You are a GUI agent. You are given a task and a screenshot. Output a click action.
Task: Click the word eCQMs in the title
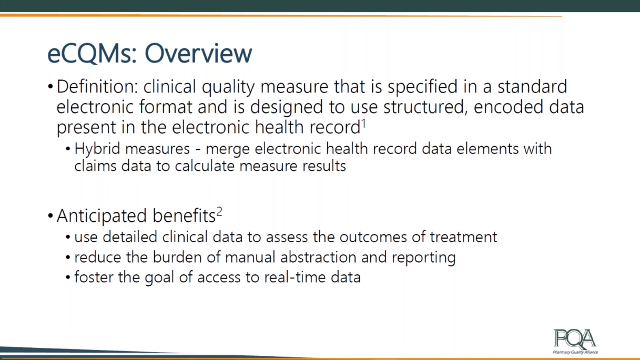[92, 54]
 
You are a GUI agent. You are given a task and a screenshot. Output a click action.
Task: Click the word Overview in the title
[199, 54]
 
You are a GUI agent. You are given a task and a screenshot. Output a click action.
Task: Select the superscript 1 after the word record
[364, 124]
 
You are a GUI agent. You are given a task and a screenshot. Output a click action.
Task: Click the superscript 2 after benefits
[219, 212]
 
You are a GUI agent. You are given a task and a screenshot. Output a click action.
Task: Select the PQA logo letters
[575, 339]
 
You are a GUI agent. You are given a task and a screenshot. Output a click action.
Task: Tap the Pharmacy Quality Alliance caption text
[575, 352]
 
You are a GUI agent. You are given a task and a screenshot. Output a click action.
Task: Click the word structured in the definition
[426, 107]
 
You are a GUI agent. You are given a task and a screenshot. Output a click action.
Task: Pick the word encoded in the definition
[509, 107]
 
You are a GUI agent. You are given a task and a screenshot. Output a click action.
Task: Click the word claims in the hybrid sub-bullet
[95, 166]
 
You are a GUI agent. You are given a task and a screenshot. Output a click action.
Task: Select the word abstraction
[318, 257]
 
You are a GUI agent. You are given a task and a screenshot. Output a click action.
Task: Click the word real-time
[295, 277]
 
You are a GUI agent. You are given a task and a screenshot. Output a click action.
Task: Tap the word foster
[94, 277]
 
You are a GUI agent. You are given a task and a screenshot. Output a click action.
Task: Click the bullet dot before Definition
[50, 87]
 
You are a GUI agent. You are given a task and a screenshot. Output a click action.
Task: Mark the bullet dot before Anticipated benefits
[50, 215]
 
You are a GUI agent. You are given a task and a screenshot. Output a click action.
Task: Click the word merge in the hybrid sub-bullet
[227, 150]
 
